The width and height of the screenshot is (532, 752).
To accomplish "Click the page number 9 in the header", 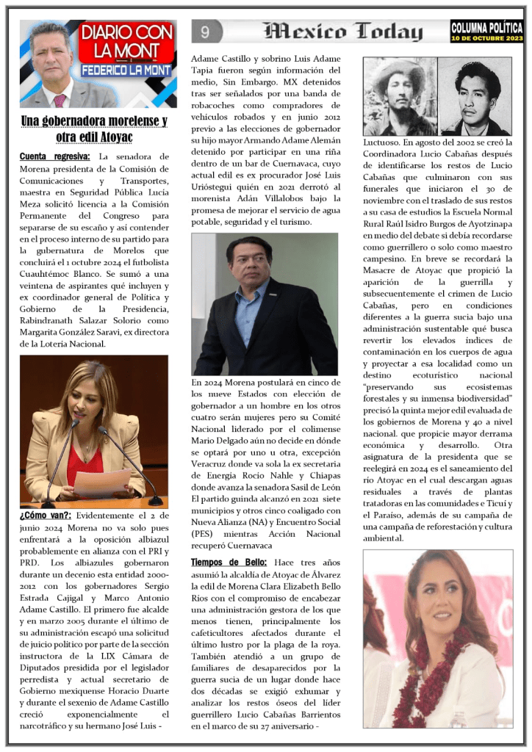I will point(205,32).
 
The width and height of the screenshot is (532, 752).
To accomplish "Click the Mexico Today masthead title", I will point(343,32).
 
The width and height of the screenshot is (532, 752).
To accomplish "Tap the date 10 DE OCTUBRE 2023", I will point(486,37).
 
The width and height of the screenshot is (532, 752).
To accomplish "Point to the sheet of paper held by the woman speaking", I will point(102,482).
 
